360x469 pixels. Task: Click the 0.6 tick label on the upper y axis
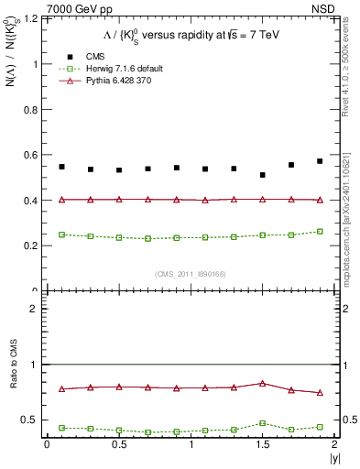pyautogui.click(x=34, y=155)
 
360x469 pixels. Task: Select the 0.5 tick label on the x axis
pyautogui.click(x=118, y=444)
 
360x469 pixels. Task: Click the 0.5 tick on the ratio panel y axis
pyautogui.click(x=34, y=420)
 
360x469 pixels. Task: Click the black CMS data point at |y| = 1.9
pyautogui.click(x=320, y=161)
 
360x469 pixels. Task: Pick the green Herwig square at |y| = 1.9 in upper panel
pyautogui.click(x=320, y=232)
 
